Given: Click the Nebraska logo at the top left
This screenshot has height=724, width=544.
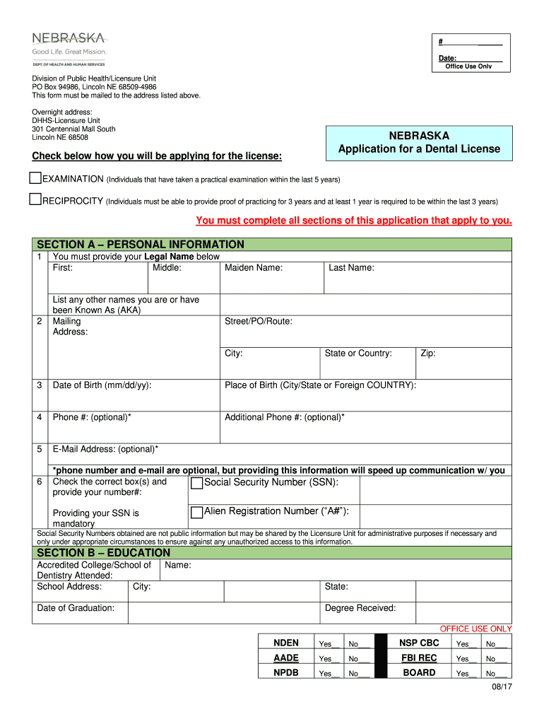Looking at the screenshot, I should pos(69,47).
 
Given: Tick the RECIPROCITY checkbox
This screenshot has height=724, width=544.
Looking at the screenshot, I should pos(36,199).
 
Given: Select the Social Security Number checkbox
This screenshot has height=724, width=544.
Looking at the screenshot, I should pos(197,483).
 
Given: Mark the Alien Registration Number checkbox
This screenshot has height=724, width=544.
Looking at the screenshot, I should pos(197,512).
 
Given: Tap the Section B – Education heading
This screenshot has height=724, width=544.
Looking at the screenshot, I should pos(103,552).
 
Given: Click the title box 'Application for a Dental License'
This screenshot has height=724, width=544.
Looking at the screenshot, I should pos(419,143).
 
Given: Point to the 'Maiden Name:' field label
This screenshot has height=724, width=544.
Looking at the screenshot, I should pos(254,268).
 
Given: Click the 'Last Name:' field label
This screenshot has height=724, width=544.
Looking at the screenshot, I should pos(351,268).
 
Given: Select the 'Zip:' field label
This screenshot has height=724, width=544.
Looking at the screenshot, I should pos(428,354).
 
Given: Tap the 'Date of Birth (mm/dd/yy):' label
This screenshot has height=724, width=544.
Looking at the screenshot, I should pos(102,385).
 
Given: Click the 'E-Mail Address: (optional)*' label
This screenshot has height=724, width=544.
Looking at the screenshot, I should pos(105,449).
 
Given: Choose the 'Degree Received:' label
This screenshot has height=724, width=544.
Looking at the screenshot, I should pos(360,608).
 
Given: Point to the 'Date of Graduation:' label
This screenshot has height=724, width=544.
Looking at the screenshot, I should pos(76,608).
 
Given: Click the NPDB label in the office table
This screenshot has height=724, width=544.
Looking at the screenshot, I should pos(286,672).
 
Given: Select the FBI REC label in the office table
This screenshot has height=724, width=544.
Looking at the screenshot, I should pos(419,658).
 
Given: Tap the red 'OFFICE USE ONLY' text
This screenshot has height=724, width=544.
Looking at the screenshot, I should pos(475,629).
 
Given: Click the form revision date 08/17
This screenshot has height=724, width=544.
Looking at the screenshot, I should pos(502,689).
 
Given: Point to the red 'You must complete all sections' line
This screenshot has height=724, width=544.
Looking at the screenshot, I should pos(353,221).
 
